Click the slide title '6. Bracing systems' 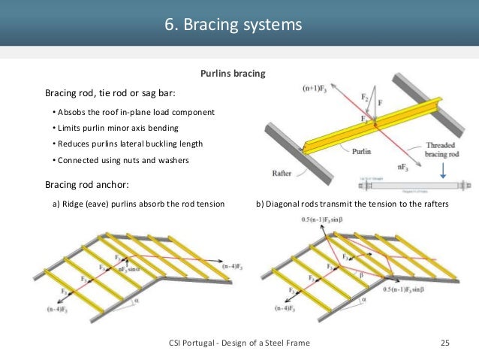coord(233,25)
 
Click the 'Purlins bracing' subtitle coord(232,74)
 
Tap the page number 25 coord(444,343)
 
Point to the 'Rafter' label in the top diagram coord(282,174)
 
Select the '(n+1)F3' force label coord(317,88)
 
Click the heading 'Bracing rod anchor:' coord(92,184)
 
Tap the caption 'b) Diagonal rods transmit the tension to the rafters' coord(352,204)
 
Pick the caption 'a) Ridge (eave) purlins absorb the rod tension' coord(138,204)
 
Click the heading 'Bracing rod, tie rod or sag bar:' coord(110,94)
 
